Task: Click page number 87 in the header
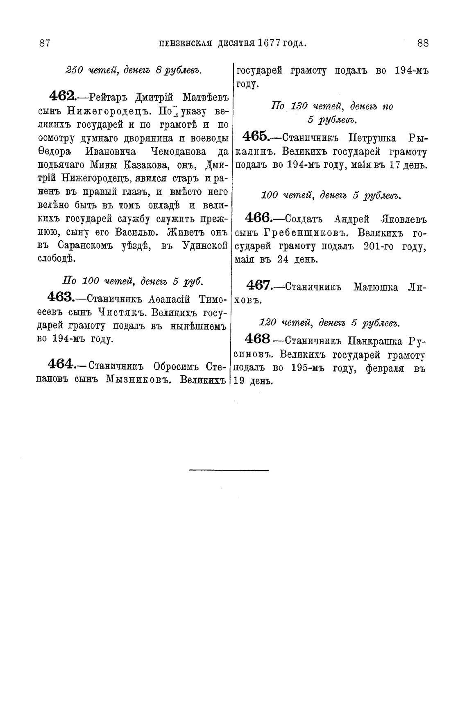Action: click(44, 43)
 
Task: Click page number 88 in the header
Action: click(423, 43)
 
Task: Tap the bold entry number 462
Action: click(61, 97)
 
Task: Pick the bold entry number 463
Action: click(60, 297)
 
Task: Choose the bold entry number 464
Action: click(61, 363)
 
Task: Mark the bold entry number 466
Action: click(257, 217)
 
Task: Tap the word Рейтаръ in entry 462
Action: click(109, 98)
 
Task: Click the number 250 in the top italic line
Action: click(74, 71)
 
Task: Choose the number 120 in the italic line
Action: click(268, 323)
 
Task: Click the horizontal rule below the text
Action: click(229, 470)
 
